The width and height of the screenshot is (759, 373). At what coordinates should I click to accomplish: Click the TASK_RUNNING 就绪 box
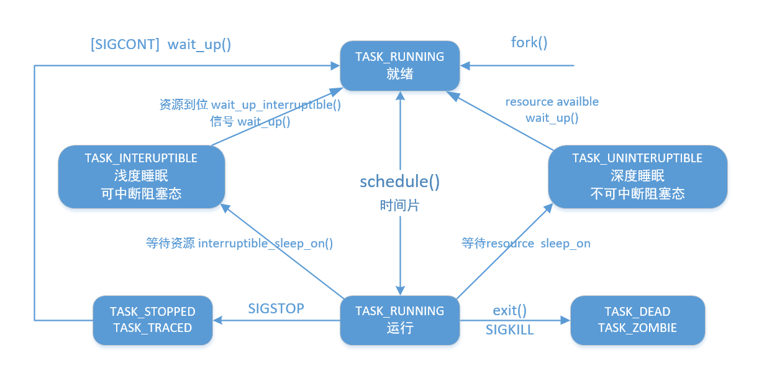tap(400, 66)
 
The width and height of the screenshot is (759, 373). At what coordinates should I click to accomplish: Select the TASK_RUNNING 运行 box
tap(400, 320)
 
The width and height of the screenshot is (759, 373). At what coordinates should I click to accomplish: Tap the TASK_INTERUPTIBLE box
tap(141, 177)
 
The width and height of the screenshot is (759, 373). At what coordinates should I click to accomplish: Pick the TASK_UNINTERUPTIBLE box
tap(637, 177)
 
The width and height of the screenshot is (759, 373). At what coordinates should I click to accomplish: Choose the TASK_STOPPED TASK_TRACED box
tap(152, 320)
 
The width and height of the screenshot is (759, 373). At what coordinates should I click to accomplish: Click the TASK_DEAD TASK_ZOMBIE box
tap(637, 320)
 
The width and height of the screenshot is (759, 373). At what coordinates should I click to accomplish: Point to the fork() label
tap(529, 43)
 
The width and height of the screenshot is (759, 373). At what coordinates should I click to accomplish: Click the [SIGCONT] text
tap(125, 44)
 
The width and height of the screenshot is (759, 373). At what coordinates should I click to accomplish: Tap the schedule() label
tap(400, 182)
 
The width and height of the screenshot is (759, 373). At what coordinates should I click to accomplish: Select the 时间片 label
tap(400, 206)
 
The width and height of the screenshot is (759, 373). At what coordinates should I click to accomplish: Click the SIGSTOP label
tap(276, 308)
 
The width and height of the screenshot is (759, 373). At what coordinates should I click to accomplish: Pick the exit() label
tap(509, 311)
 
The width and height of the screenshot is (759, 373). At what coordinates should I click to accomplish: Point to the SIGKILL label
tap(509, 329)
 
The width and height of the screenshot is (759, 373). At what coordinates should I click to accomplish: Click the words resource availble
tap(552, 102)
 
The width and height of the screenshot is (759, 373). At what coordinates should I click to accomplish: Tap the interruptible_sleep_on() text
tap(265, 244)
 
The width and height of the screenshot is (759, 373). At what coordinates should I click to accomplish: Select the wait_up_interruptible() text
tap(276, 105)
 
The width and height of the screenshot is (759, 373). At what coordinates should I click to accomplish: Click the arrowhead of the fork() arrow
tap(465, 66)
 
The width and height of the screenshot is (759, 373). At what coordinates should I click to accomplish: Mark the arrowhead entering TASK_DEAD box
tap(565, 320)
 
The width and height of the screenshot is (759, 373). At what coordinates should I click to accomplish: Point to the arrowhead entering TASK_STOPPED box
tap(217, 320)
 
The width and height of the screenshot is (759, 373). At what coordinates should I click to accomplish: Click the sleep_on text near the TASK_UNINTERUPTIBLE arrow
tap(565, 244)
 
